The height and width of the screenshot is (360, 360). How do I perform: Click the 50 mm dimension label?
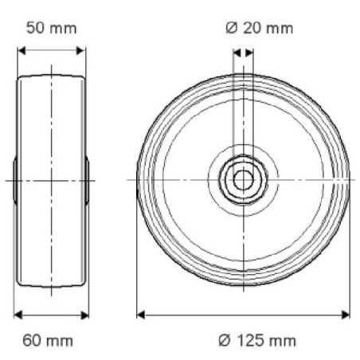pyautogui.click(x=52, y=28)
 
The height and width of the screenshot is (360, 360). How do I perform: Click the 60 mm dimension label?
pyautogui.click(x=48, y=341)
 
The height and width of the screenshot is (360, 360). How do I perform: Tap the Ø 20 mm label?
pyautogui.click(x=260, y=28)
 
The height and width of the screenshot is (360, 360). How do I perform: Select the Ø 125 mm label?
pyautogui.click(x=257, y=341)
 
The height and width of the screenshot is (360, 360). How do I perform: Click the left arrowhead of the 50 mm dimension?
pyautogui.click(x=22, y=50)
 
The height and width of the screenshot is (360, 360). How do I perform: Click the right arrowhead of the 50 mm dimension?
pyautogui.click(x=80, y=50)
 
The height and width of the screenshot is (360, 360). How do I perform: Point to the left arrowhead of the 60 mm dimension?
pyautogui.click(x=18, y=315)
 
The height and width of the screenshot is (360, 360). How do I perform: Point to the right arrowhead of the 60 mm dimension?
pyautogui.click(x=85, y=315)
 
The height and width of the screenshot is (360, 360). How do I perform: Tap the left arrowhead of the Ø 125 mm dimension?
pyautogui.click(x=141, y=315)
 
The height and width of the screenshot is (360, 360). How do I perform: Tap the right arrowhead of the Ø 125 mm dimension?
pyautogui.click(x=346, y=315)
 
